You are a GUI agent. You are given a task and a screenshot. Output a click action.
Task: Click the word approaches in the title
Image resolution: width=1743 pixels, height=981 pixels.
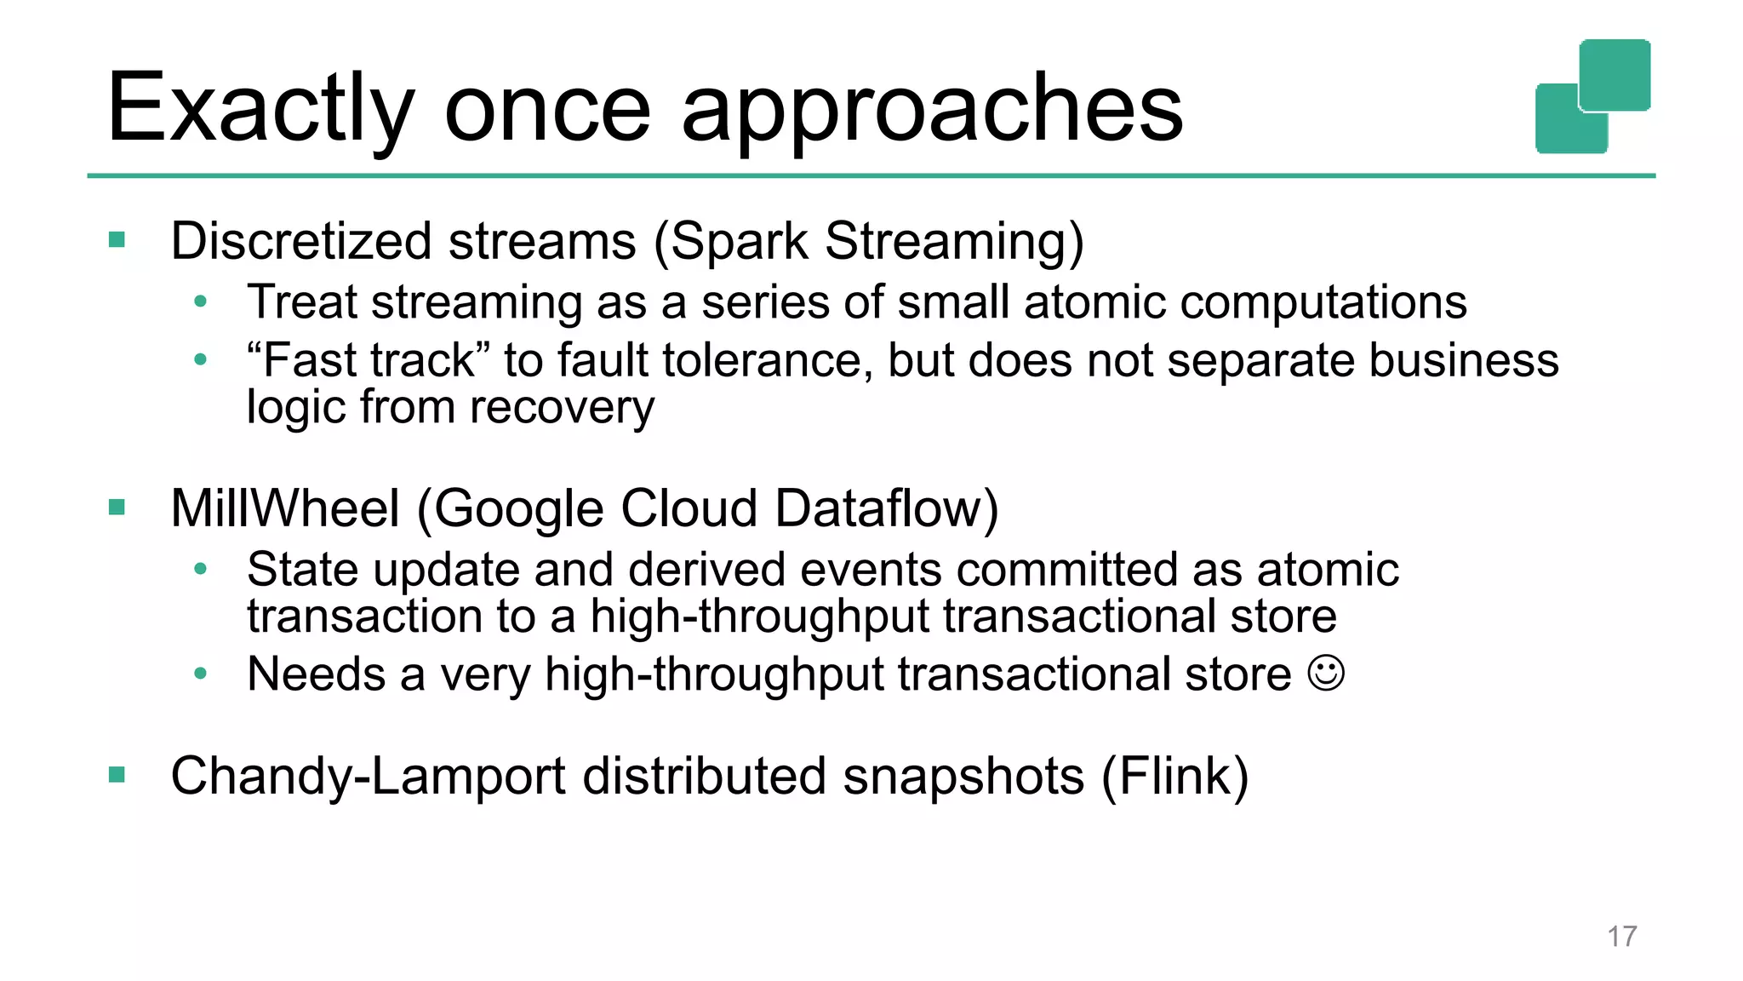coord(932,109)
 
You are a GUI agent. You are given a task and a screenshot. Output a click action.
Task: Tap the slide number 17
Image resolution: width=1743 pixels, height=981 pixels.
coord(1621,936)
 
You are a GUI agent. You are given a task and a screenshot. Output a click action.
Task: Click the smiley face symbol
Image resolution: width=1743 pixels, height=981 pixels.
coord(1326,673)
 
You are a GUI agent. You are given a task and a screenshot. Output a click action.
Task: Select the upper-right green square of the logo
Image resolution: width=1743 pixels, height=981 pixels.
coord(1614,75)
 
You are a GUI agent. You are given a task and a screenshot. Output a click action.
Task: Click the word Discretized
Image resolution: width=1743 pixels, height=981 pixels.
coord(301,240)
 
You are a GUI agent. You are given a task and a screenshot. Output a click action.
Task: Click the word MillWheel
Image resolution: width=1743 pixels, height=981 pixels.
coord(285,508)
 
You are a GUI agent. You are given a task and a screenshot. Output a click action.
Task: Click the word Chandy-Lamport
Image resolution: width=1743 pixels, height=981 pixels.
coord(369,776)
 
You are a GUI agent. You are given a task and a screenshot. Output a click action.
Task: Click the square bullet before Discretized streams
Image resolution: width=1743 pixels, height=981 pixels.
coord(117,240)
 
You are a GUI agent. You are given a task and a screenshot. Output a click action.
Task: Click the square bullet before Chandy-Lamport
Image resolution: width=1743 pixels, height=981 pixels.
coord(117,775)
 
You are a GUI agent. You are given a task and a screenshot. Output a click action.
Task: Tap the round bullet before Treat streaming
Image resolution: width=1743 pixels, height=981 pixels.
coord(200,301)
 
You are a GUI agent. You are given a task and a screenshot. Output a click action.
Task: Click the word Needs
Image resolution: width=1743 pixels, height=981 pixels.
coord(317,674)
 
